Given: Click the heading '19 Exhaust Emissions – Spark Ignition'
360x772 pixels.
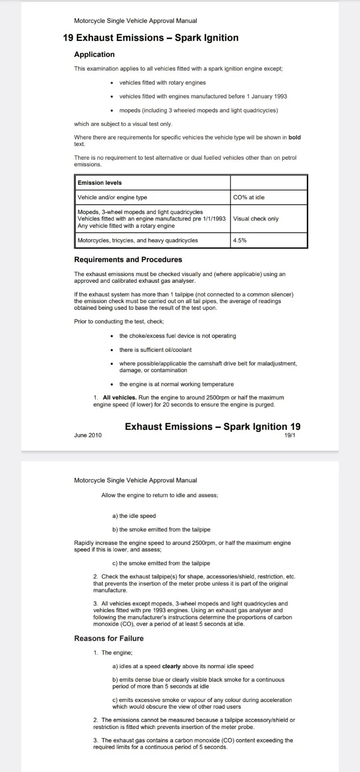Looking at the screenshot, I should point(151,38).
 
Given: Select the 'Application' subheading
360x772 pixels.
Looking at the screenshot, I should point(94,55).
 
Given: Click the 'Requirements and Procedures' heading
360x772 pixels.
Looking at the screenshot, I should point(128,260).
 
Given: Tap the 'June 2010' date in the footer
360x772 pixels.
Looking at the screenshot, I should point(88,435).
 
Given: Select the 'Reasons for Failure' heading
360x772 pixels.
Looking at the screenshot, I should point(109,638).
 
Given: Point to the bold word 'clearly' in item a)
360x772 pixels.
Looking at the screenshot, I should point(171,666).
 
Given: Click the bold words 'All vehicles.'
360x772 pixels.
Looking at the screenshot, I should point(120,398).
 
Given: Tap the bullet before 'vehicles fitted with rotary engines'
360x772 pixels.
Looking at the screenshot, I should point(112,83).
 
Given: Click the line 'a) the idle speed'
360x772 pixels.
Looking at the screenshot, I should point(134,516).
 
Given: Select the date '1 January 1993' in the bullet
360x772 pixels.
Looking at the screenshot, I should point(266,96).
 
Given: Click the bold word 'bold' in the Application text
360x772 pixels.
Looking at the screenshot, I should point(294,138).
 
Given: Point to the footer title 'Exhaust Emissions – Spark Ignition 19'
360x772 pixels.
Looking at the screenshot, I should point(212,427).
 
